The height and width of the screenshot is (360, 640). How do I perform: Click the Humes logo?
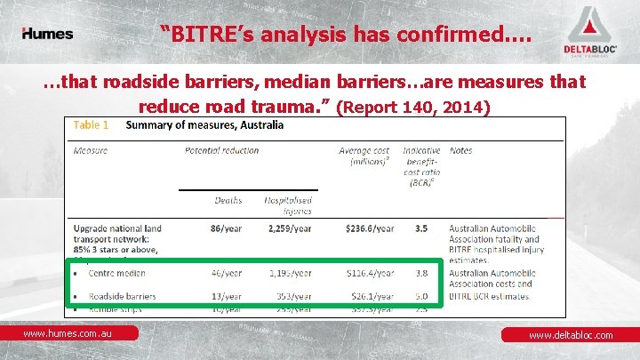47,34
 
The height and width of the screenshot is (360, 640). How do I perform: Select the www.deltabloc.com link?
571,335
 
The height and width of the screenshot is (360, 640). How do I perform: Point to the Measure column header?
90,150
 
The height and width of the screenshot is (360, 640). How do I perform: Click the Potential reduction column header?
221,150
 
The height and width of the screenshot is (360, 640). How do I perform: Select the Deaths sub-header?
228,201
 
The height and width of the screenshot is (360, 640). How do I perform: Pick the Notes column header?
460,150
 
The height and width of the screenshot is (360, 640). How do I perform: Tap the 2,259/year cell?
288,228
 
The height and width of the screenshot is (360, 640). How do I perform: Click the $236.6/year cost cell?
366,228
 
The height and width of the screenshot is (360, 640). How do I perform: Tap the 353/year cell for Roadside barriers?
292,296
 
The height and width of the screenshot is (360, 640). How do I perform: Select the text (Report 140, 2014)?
414,108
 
